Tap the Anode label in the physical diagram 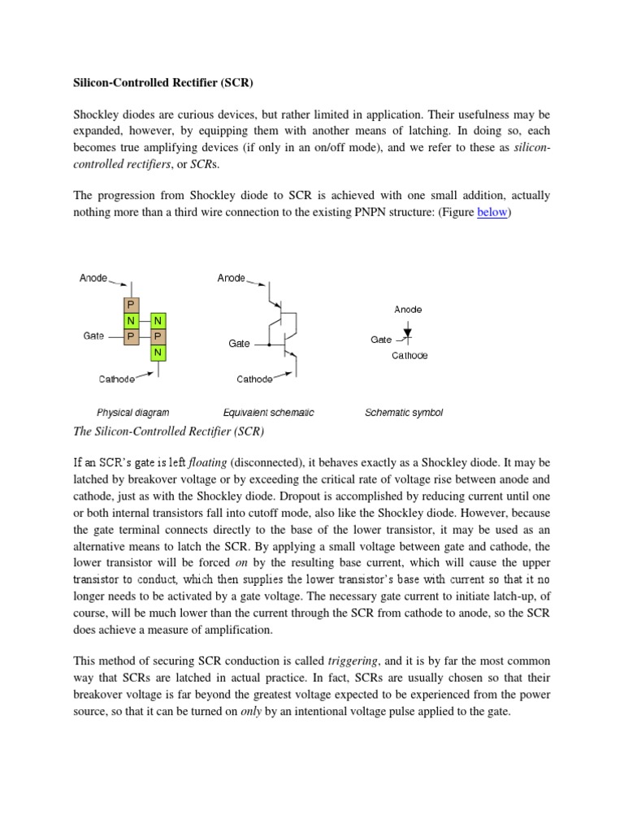93,278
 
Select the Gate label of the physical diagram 93,336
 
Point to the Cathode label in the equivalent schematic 254,379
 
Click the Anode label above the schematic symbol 408,310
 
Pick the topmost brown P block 129,305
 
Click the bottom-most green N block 158,353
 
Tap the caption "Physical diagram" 132,413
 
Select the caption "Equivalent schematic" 268,413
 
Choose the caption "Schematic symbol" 404,413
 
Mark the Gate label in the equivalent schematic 239,344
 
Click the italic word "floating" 209,463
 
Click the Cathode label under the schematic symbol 409,355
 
